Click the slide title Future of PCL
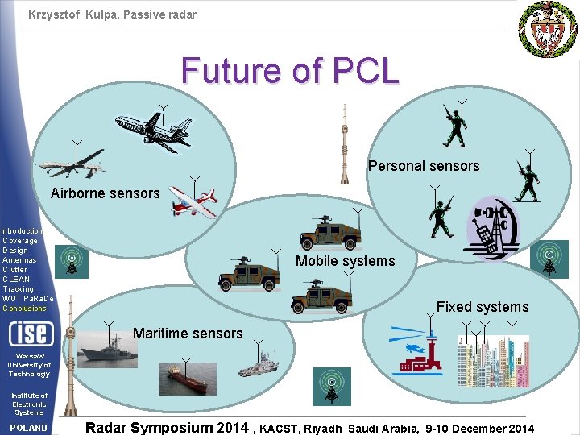(290, 70)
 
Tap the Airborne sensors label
(105, 193)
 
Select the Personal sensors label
(423, 166)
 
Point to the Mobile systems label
(345, 261)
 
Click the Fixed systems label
(482, 307)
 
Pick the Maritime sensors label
(188, 333)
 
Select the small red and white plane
(194, 202)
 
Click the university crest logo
(548, 30)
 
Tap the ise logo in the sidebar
(30, 332)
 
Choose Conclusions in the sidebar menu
(25, 309)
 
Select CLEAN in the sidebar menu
(17, 280)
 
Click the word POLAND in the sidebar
(29, 428)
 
